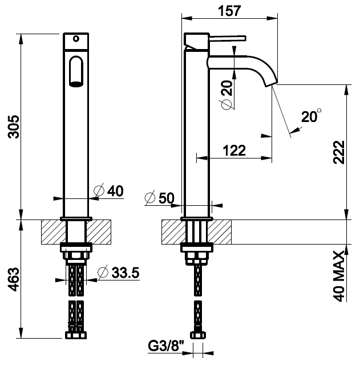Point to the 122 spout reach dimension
(x=234, y=151)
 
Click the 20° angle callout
(x=311, y=117)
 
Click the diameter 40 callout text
(x=109, y=191)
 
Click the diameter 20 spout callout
(x=226, y=95)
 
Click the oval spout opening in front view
(x=75, y=71)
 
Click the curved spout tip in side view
(x=270, y=82)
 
